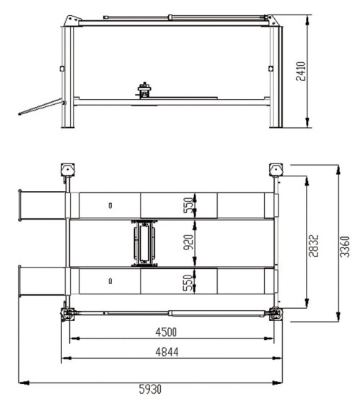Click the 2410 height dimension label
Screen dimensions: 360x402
301,72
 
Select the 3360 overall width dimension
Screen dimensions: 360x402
345,247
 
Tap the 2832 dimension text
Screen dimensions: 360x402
313,245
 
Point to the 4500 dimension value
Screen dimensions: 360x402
166,333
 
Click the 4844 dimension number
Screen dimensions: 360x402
167,351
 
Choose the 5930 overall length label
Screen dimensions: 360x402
150,389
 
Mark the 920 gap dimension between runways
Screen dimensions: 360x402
188,242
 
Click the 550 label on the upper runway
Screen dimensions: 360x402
188,205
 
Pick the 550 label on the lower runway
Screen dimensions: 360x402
188,283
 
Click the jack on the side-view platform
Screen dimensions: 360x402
144,90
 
